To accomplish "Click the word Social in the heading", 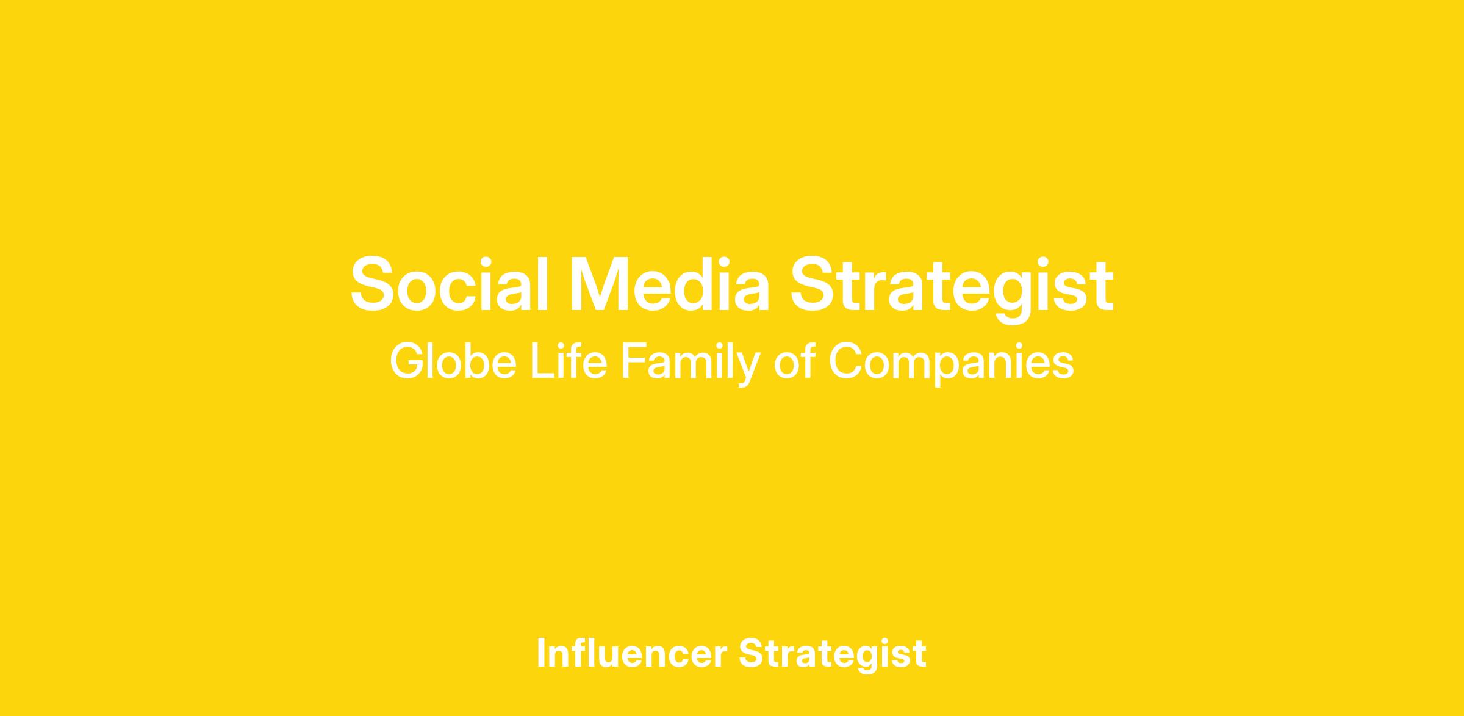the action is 450,284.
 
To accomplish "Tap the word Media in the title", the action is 670,284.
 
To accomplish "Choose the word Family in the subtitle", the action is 691,365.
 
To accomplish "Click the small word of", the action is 795,361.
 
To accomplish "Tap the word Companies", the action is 952,365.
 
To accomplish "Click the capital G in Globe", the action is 407,363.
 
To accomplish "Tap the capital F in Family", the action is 633,362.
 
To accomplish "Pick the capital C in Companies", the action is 847,363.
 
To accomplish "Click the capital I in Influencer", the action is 541,653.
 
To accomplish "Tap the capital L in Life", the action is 541,362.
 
